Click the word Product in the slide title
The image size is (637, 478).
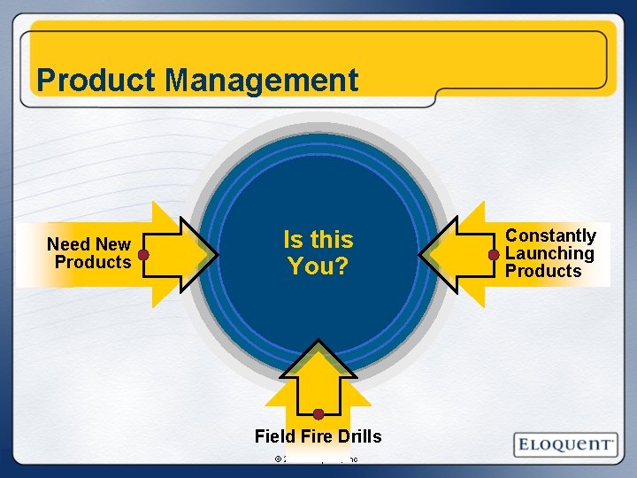click(x=96, y=81)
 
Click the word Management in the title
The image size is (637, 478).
click(x=262, y=81)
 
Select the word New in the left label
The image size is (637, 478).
click(x=112, y=244)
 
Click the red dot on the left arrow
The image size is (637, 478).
click(x=143, y=254)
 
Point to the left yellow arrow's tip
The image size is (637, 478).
click(x=215, y=254)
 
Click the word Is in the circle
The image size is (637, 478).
click(x=293, y=240)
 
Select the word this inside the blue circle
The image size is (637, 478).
click(x=331, y=240)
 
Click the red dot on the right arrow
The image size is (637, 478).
click(x=494, y=254)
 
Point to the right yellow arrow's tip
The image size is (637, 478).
click(x=422, y=254)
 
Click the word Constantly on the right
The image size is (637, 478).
click(x=550, y=235)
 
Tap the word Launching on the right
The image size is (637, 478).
click(x=549, y=253)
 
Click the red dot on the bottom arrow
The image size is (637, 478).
click(x=318, y=413)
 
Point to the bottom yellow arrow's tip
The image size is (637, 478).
click(x=318, y=343)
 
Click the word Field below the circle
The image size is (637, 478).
click(x=273, y=436)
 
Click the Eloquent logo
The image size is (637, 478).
click(x=566, y=443)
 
